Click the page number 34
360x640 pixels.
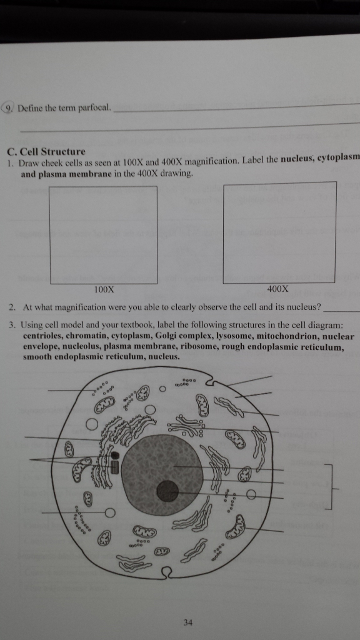[x=188, y=621]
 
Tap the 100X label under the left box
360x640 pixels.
[x=104, y=289]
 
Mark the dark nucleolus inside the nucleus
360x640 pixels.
[x=167, y=491]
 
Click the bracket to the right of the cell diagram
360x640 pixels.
[x=331, y=487]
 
